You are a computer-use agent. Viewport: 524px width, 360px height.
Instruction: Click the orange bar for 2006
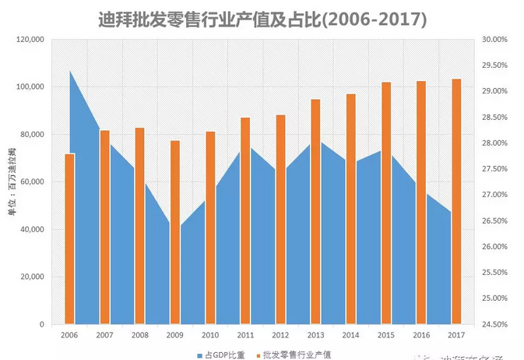click(x=69, y=238)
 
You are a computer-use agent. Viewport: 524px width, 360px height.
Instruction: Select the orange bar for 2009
click(x=175, y=232)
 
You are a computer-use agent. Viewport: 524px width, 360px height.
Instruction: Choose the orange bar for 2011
click(x=245, y=221)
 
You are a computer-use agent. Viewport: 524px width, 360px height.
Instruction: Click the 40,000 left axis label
click(x=33, y=229)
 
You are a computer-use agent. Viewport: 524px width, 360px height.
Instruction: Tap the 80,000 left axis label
click(x=33, y=134)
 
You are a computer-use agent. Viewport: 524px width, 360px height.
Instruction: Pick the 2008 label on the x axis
click(x=139, y=335)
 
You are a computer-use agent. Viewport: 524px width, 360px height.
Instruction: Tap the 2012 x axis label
click(x=280, y=335)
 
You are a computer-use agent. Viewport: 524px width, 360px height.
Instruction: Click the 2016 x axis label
click(x=421, y=335)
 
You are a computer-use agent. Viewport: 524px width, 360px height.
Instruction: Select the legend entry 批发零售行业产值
click(x=299, y=353)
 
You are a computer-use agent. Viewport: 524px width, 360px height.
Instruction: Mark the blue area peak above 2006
click(x=71, y=72)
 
